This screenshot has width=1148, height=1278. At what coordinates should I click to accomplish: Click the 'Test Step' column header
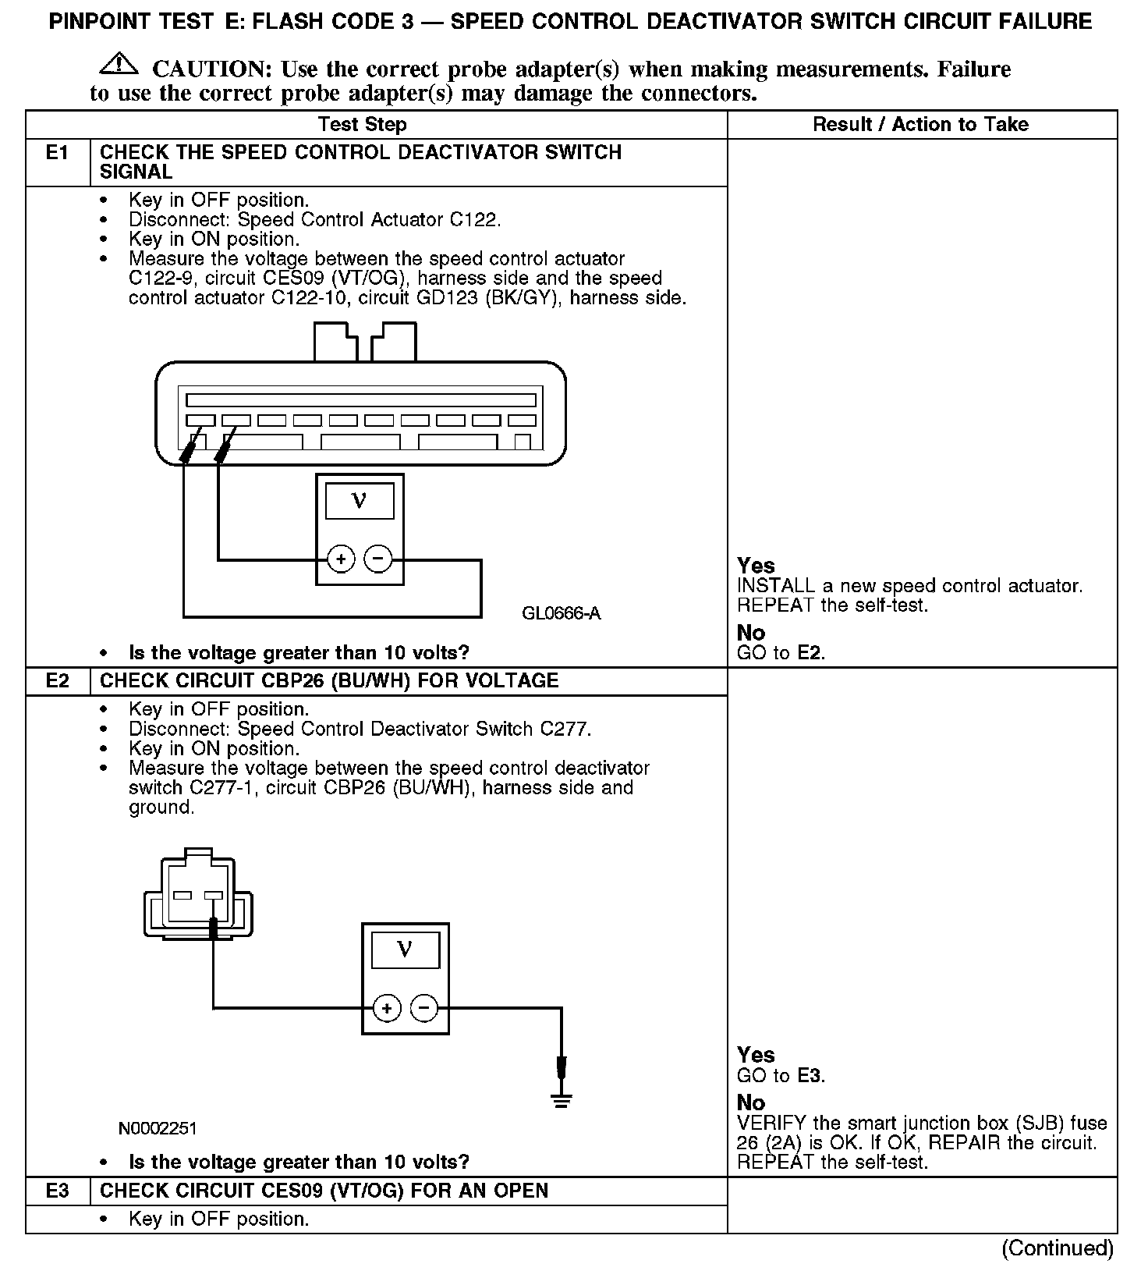coord(362,125)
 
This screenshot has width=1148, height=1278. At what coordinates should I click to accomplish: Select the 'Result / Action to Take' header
coord(920,125)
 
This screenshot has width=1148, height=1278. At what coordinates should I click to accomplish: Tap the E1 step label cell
coord(58,153)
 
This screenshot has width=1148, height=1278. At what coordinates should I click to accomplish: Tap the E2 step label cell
coord(58,681)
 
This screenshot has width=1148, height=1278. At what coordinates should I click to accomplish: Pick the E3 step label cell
coord(58,1191)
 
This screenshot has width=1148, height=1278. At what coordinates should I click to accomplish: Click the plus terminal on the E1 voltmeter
coord(341,559)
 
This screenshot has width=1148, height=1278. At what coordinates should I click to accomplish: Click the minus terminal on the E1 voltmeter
coord(378,559)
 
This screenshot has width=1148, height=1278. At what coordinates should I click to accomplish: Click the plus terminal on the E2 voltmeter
coord(386,1008)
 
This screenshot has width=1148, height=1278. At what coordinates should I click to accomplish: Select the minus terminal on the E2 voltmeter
coord(423,1008)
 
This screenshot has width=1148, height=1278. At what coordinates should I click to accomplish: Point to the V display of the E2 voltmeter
coord(405,950)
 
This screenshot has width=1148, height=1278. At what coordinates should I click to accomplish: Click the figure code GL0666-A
coord(562,613)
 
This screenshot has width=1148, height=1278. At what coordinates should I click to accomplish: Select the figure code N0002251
coord(158,1128)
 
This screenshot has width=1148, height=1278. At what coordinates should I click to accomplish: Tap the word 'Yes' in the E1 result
coord(756,566)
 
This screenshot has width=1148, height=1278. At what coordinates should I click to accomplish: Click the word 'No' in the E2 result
coord(751,1102)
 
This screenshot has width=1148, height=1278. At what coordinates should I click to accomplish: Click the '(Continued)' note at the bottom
coord(1057,1248)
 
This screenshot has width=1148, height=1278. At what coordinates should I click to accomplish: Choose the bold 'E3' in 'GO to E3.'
coord(810,1076)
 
